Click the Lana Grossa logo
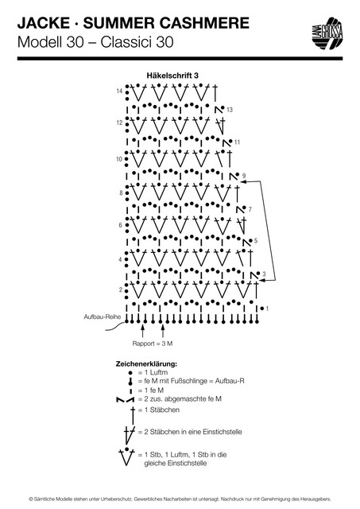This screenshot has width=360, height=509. pos(328,33)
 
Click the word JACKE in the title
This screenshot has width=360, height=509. pos(44,23)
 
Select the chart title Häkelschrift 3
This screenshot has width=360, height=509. pos(172,76)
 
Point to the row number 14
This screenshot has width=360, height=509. pos(119,91)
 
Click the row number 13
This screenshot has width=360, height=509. pos(230,110)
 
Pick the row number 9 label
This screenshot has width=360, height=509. pos(244,176)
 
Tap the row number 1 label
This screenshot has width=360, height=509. pos(267,309)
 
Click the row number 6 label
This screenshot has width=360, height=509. pos(120,225)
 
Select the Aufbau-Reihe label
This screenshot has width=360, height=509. pos(103,317)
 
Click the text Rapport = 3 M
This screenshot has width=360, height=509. pos(153,344)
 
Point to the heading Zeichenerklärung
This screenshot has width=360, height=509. pos(146,364)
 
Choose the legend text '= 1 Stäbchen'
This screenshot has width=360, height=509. pos(159,410)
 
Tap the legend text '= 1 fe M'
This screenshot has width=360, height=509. pos(151,390)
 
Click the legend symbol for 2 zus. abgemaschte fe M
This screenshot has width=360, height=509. pos(125,399)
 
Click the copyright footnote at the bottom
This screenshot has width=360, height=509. pos(180,499)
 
